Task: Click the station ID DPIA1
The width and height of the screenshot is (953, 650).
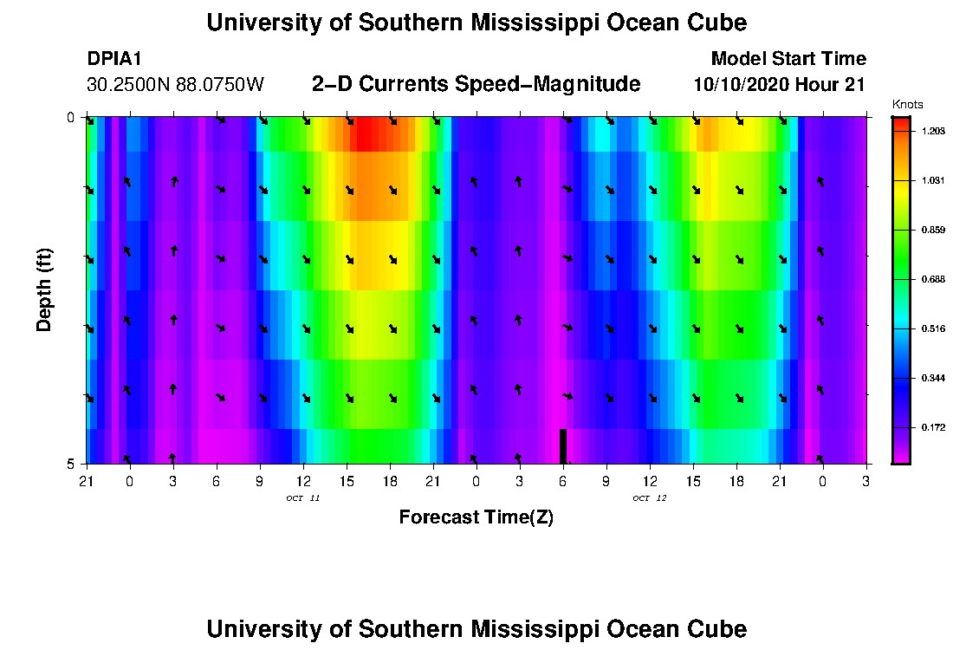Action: tap(115, 59)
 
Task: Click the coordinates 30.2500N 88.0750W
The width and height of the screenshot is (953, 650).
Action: tap(176, 85)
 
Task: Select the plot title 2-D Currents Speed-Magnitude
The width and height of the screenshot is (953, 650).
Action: tap(476, 84)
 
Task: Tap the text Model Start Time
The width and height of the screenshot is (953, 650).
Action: tap(788, 59)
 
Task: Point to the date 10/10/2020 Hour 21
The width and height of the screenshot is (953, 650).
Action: tap(780, 85)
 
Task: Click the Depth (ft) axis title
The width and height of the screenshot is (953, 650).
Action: tap(44, 289)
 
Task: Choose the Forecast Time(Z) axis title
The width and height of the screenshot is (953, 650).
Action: tap(476, 517)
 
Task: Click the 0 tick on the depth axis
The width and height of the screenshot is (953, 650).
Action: tap(71, 117)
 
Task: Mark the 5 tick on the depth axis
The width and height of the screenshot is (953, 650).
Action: tap(71, 464)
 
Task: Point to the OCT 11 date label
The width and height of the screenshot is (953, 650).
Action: tap(302, 497)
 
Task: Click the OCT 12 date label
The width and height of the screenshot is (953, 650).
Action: tap(649, 497)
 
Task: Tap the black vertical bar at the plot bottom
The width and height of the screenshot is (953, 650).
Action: tap(563, 445)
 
